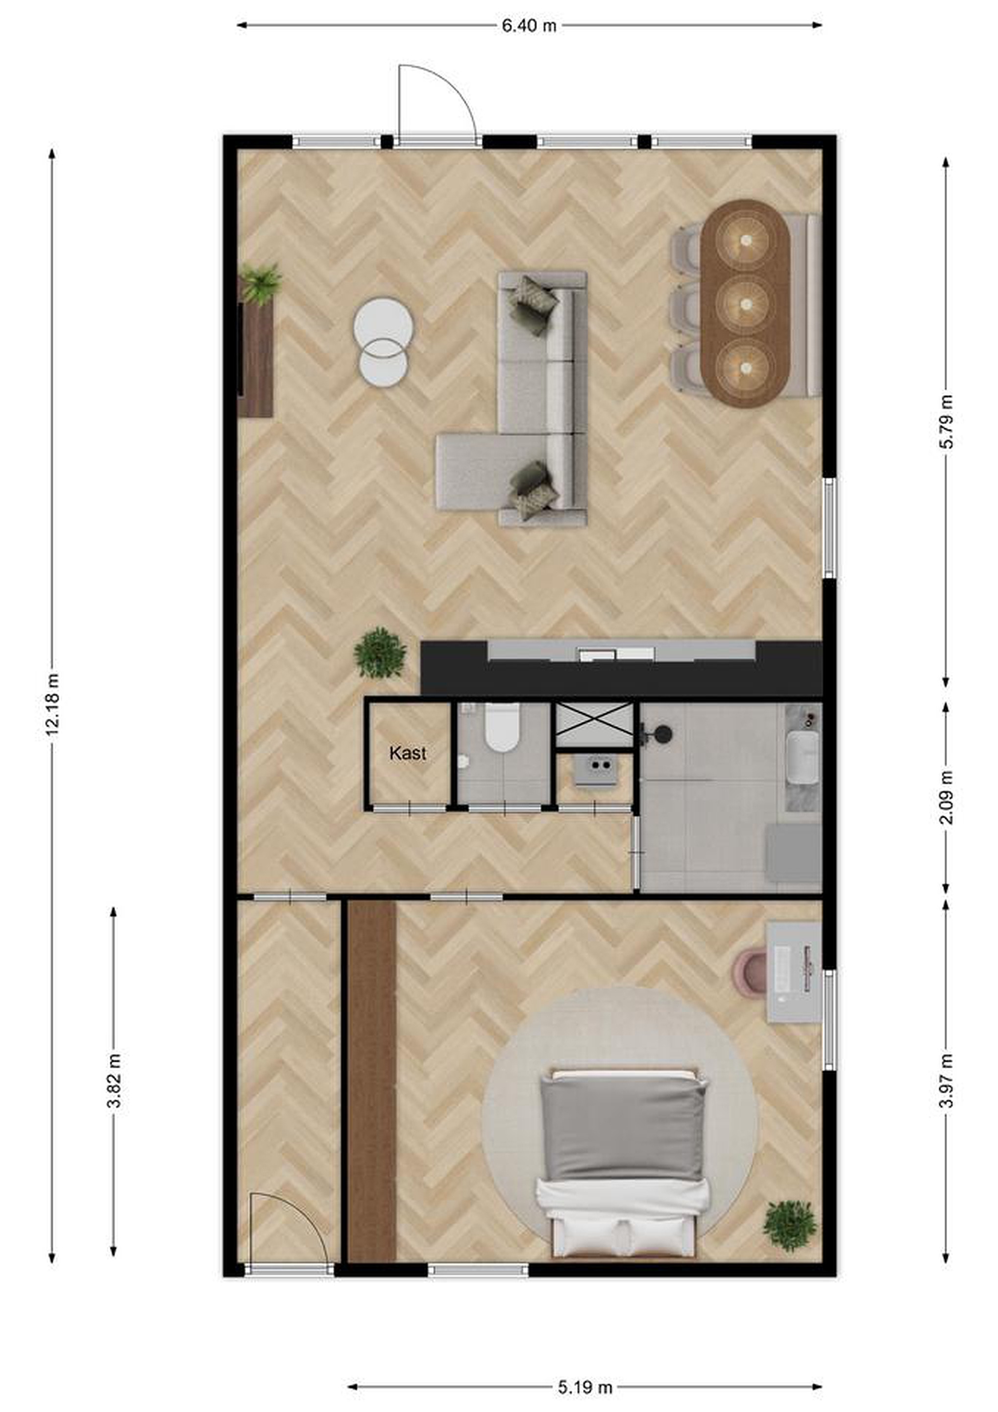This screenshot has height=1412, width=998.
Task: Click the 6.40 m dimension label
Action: [x=529, y=25]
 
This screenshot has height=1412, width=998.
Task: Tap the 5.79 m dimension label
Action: [x=947, y=422]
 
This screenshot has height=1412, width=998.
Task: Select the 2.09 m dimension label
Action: [x=947, y=797]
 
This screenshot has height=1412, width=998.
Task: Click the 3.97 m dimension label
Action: [x=947, y=1081]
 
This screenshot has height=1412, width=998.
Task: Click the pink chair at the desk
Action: [x=749, y=974]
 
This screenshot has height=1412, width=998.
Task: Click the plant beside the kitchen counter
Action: [x=380, y=653]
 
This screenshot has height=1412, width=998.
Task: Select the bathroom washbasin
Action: [x=802, y=757]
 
